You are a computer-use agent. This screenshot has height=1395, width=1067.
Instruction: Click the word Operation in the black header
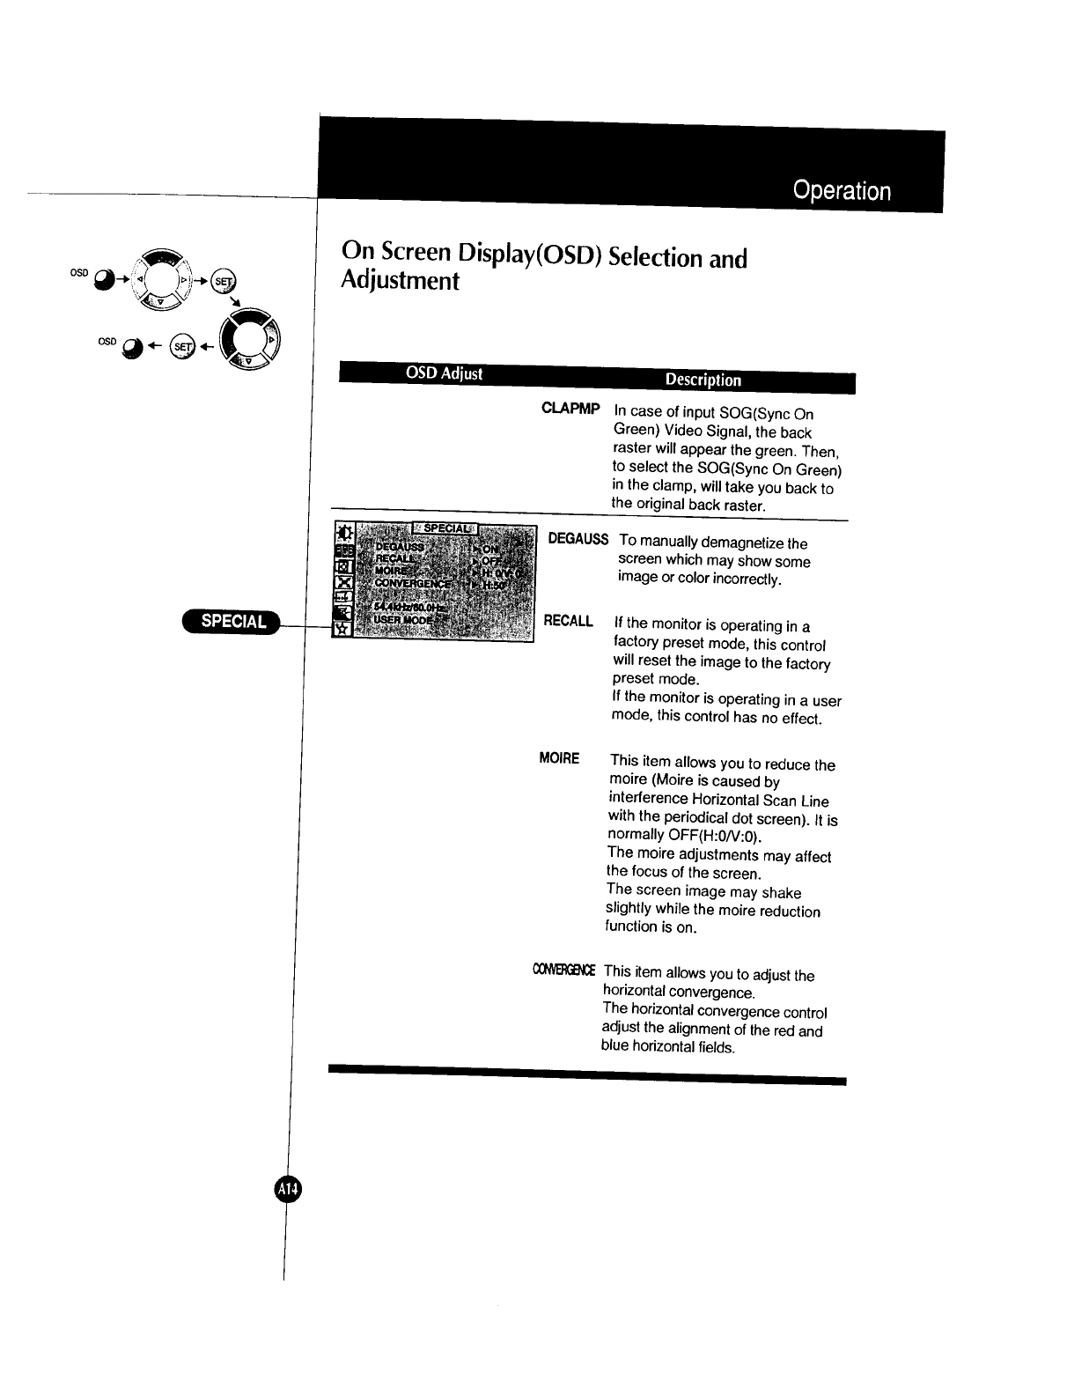pyautogui.click(x=841, y=191)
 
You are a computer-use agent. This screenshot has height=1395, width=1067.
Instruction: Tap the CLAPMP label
pyautogui.click(x=570, y=409)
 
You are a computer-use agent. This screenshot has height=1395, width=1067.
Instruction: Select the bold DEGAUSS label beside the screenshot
pyautogui.click(x=578, y=539)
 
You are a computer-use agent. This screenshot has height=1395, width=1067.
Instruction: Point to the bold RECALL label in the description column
pyautogui.click(x=568, y=621)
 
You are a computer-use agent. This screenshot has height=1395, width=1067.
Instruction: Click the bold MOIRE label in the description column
pyautogui.click(x=559, y=758)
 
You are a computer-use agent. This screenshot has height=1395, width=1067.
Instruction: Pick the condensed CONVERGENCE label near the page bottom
pyautogui.click(x=563, y=971)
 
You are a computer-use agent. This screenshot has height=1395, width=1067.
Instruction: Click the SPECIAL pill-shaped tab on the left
pyautogui.click(x=232, y=621)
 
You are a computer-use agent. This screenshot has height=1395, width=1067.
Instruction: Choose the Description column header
pyautogui.click(x=703, y=380)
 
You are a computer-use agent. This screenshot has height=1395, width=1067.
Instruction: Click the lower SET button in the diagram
pyautogui.click(x=183, y=346)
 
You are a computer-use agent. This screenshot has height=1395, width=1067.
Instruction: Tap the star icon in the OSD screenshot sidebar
pyautogui.click(x=342, y=629)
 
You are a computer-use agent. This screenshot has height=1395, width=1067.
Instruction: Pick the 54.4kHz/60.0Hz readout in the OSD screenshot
pyautogui.click(x=410, y=607)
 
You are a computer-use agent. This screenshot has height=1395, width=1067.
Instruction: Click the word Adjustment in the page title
pyautogui.click(x=400, y=282)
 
